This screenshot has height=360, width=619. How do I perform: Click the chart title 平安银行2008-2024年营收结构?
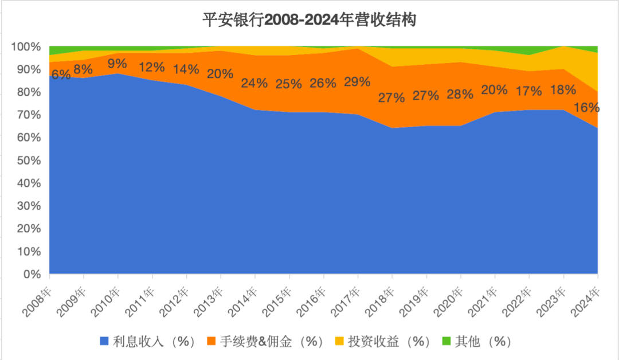click(x=309, y=21)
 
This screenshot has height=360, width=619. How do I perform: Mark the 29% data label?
click(x=357, y=82)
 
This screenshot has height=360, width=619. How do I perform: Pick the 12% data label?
click(x=152, y=66)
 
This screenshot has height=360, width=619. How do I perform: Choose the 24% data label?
click(x=254, y=83)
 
